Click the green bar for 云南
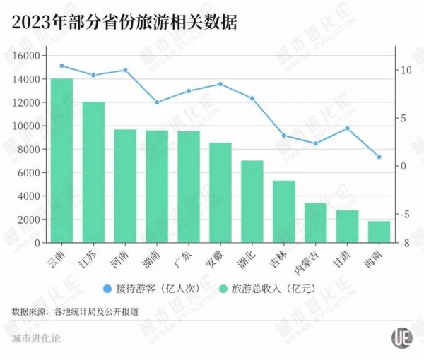(x=61, y=161)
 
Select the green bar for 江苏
(x=93, y=172)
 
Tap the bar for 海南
(x=379, y=232)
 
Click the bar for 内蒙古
(x=315, y=223)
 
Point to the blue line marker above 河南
(x=125, y=70)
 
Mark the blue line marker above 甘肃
(x=347, y=128)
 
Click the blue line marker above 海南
(x=379, y=157)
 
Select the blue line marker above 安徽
(x=220, y=84)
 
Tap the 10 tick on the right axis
(x=405, y=70)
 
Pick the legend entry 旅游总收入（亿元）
(x=269, y=288)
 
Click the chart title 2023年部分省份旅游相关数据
(x=124, y=22)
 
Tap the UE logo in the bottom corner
(x=402, y=337)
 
